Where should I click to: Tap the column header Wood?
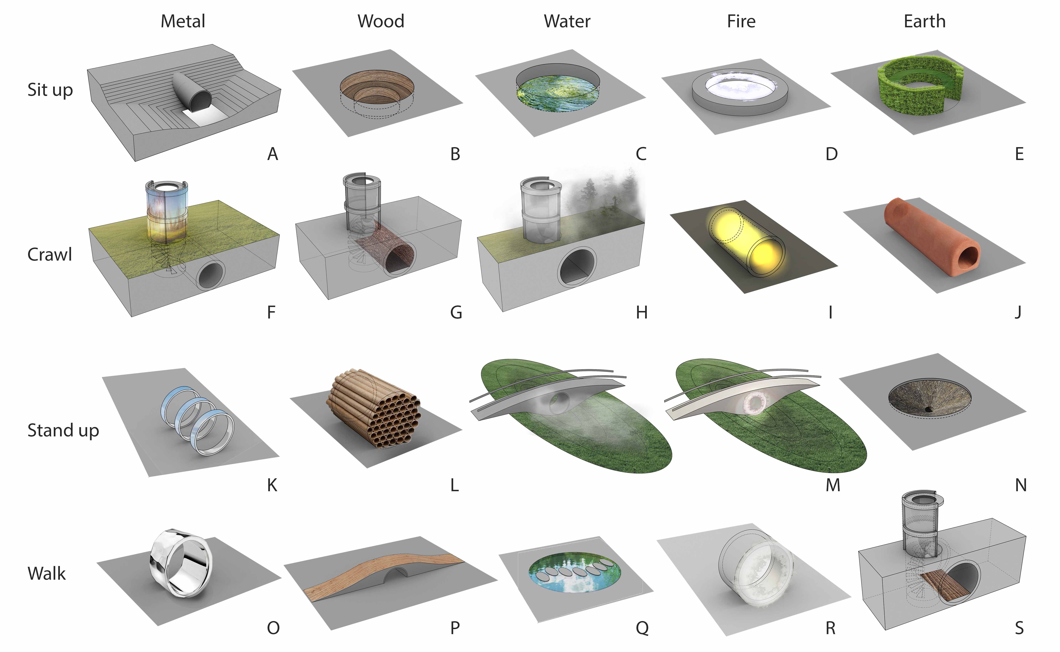coord(381,21)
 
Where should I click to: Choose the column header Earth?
coord(924,21)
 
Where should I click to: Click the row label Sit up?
coord(50,90)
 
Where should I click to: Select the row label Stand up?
coord(63,430)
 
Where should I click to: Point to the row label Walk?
coord(47,574)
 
